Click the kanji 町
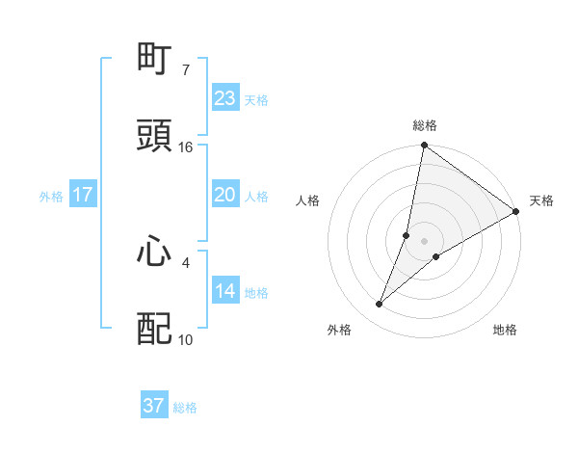tap(155, 60)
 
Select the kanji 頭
tap(155, 136)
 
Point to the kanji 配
tap(155, 329)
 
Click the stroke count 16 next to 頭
tap(186, 147)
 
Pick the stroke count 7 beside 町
tap(185, 70)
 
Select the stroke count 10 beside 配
tap(186, 339)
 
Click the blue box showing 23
tap(225, 98)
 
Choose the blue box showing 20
tap(225, 195)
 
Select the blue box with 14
tap(225, 291)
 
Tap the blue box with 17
tap(83, 195)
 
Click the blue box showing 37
tap(154, 406)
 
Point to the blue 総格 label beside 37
tap(185, 408)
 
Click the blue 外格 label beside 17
tap(51, 197)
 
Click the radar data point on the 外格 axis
tap(380, 305)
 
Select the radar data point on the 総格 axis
tap(424, 147)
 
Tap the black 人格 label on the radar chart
tap(308, 200)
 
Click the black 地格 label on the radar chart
tap(505, 331)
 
